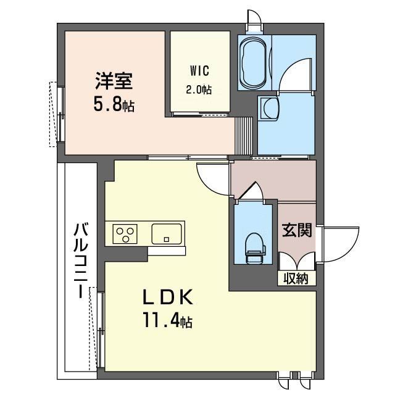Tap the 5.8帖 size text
coord(114,104)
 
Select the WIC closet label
coord(199,70)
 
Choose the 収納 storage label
coord(296,278)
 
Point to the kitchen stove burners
coord(125,234)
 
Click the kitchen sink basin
coord(167,234)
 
